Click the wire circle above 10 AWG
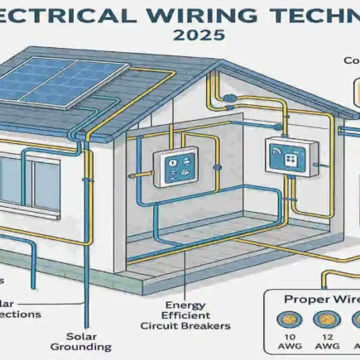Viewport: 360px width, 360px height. [x=290, y=319]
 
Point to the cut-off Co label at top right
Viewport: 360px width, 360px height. [x=352, y=60]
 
